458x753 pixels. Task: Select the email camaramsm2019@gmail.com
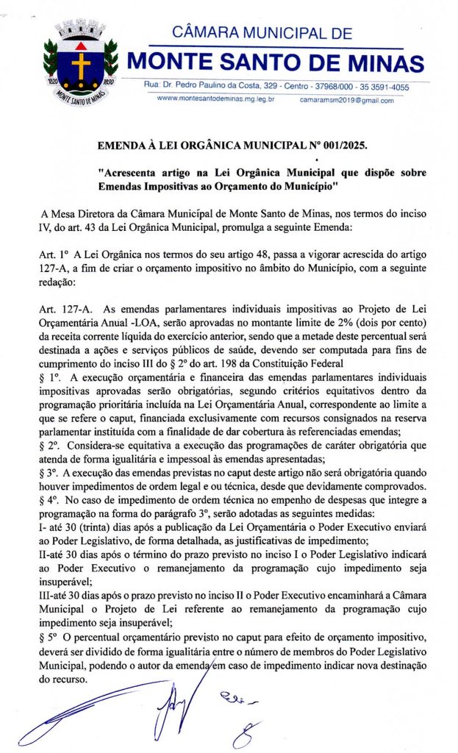pos(346,99)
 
